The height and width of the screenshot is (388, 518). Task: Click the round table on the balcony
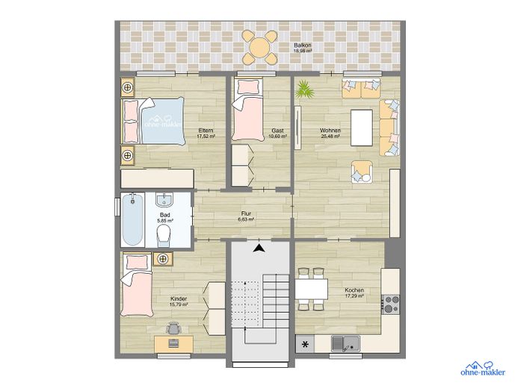coord(262,47)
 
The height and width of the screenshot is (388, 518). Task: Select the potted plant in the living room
coord(304,90)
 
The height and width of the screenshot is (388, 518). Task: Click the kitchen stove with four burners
coord(390,304)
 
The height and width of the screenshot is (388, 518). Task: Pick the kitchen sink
coord(345,344)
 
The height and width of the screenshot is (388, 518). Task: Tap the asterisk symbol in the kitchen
coord(305,345)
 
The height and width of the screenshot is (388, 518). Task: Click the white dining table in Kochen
coord(311,287)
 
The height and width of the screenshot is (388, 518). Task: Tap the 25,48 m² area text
coord(330,137)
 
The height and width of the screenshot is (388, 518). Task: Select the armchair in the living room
coord(363,172)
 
